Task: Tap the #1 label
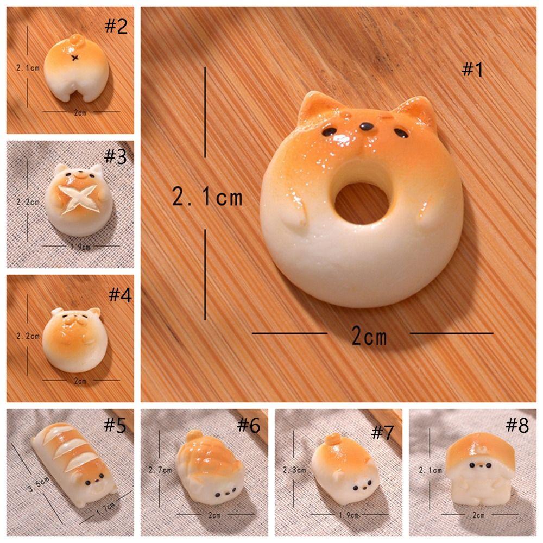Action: (472, 70)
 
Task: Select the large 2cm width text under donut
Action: (369, 337)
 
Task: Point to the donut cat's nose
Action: (366, 128)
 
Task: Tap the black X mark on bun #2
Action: (75, 57)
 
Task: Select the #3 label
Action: (115, 157)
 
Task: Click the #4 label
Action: (119, 295)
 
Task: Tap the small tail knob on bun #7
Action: (334, 438)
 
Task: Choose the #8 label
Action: (517, 425)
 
